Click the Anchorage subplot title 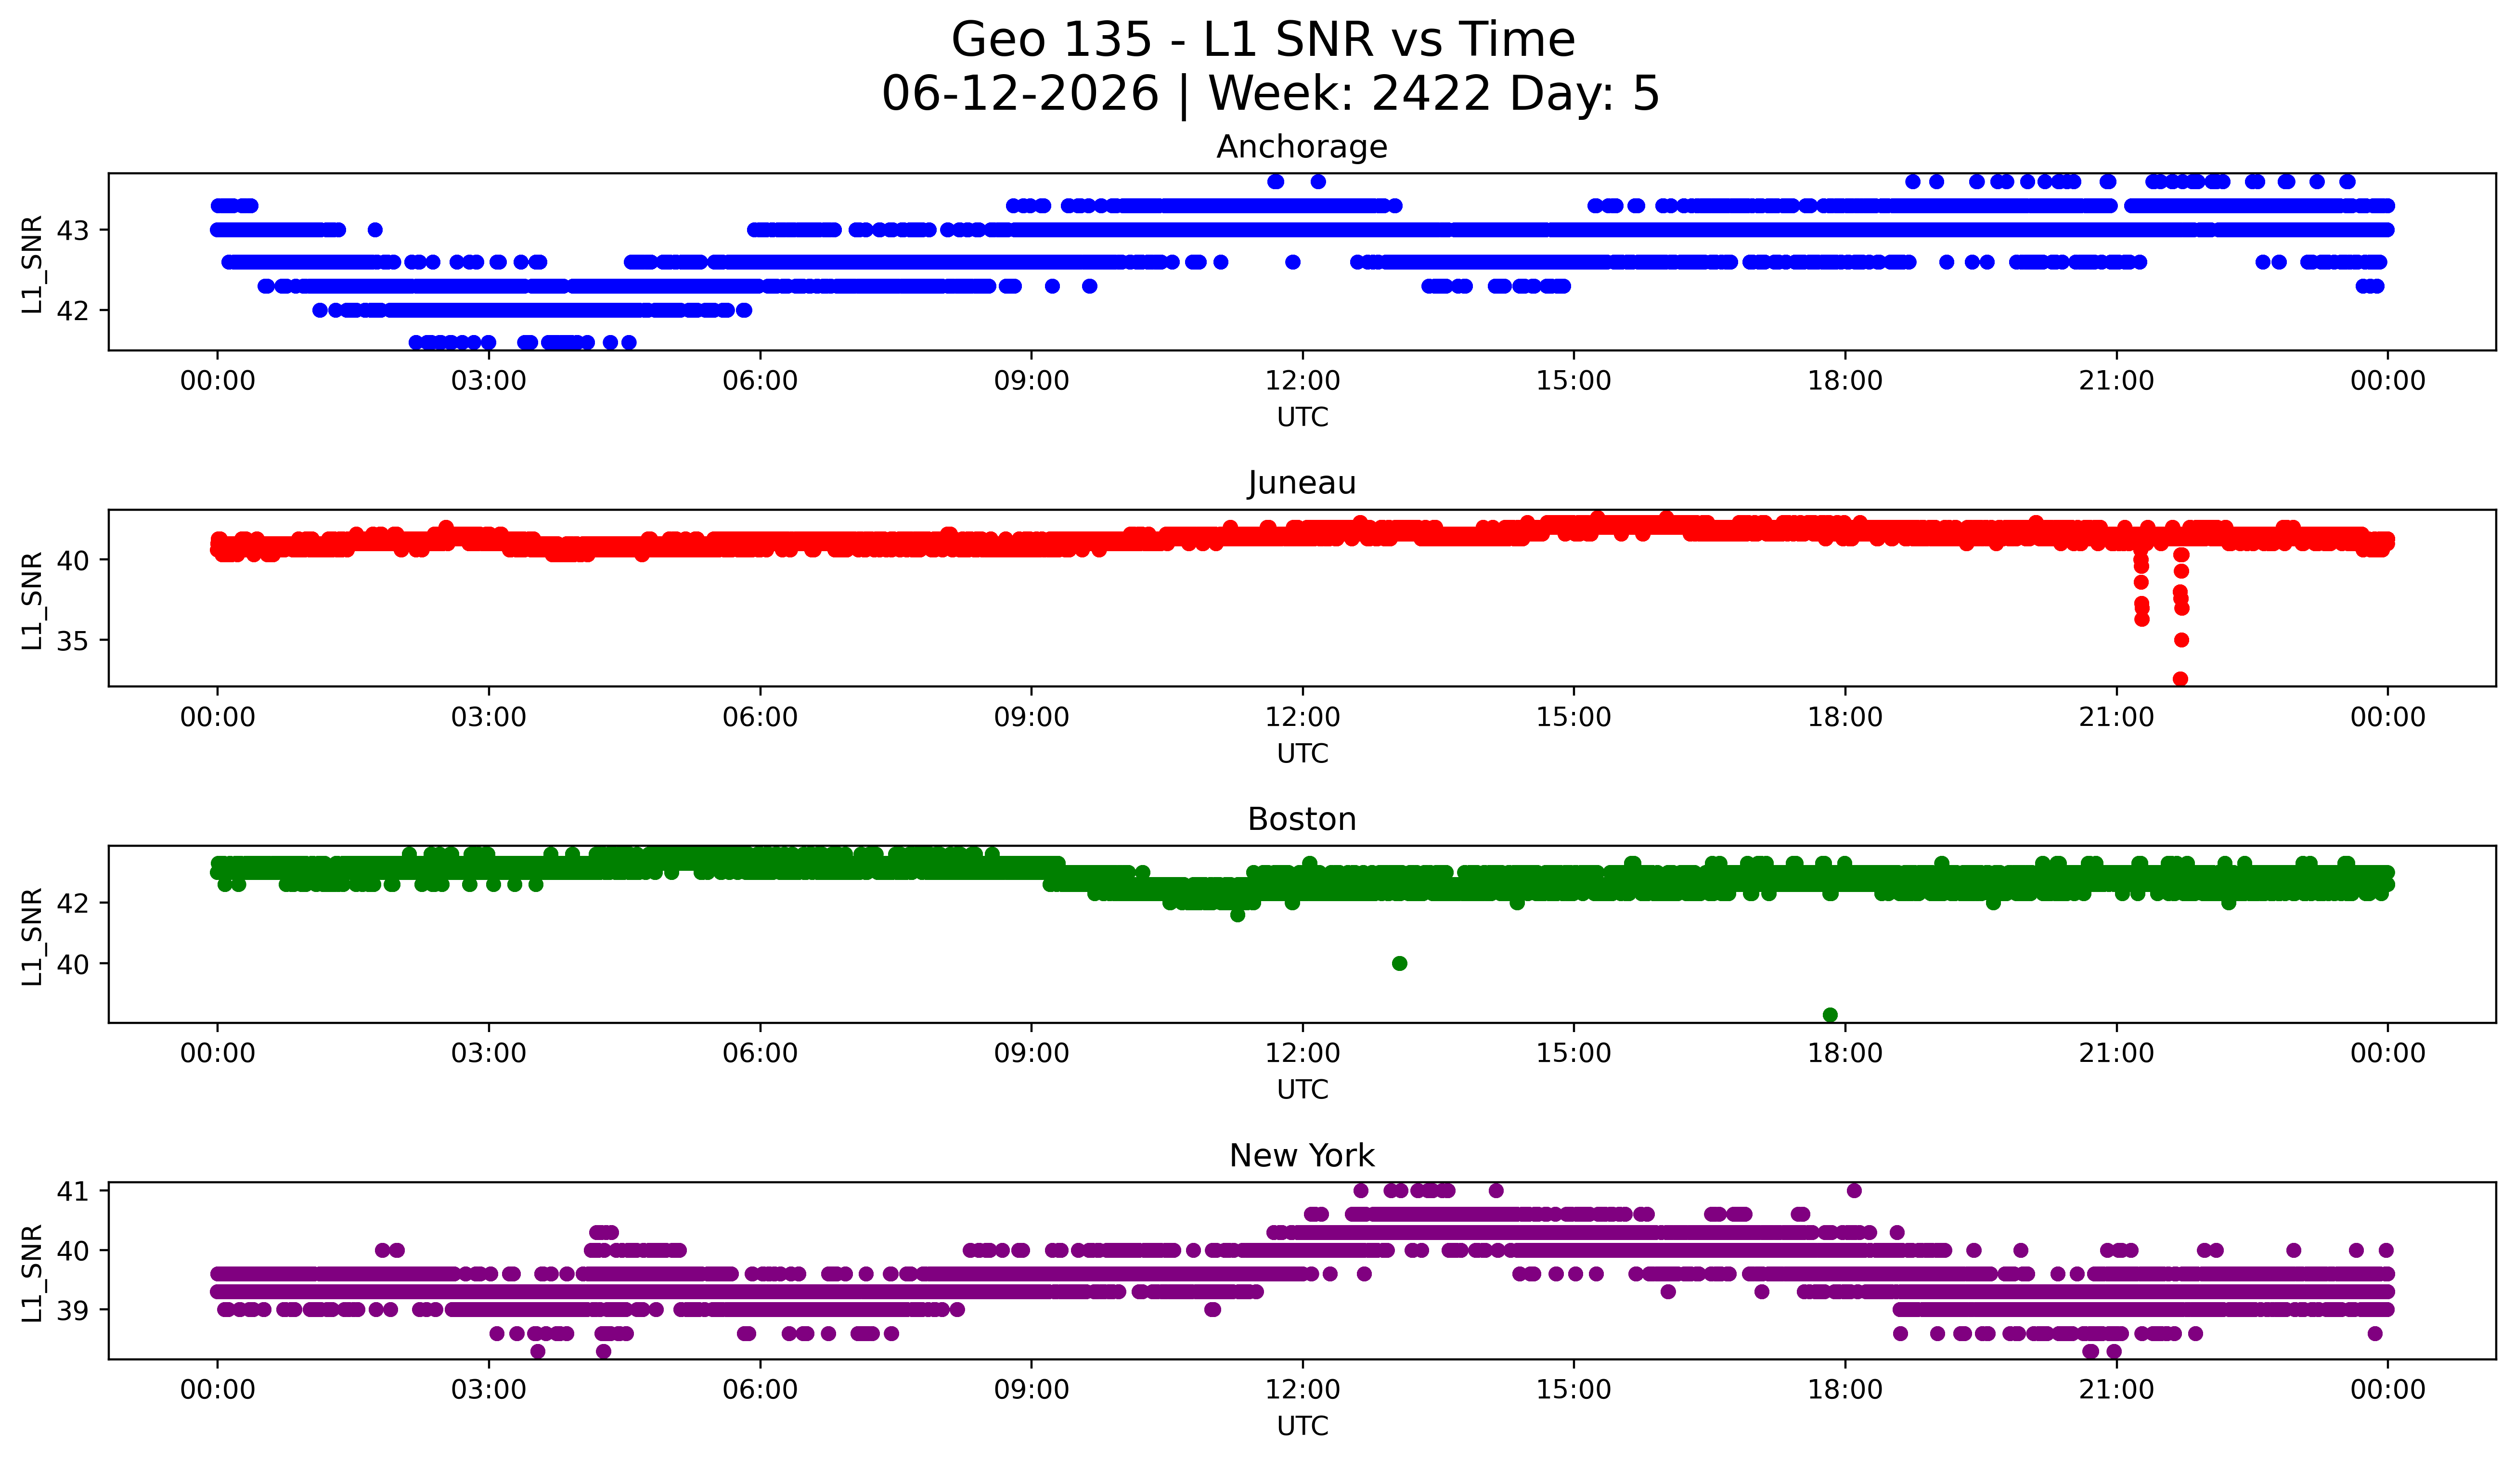[x=1302, y=147]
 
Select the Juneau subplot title [x=1302, y=483]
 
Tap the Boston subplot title [x=1302, y=819]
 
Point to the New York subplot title [x=1302, y=1156]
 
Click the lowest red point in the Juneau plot [x=2180, y=679]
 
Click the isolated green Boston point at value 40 [x=1399, y=963]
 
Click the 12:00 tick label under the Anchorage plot [x=1303, y=380]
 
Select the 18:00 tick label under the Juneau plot [x=1844, y=717]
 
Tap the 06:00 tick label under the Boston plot [x=760, y=1053]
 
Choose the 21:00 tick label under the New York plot [x=2116, y=1389]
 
